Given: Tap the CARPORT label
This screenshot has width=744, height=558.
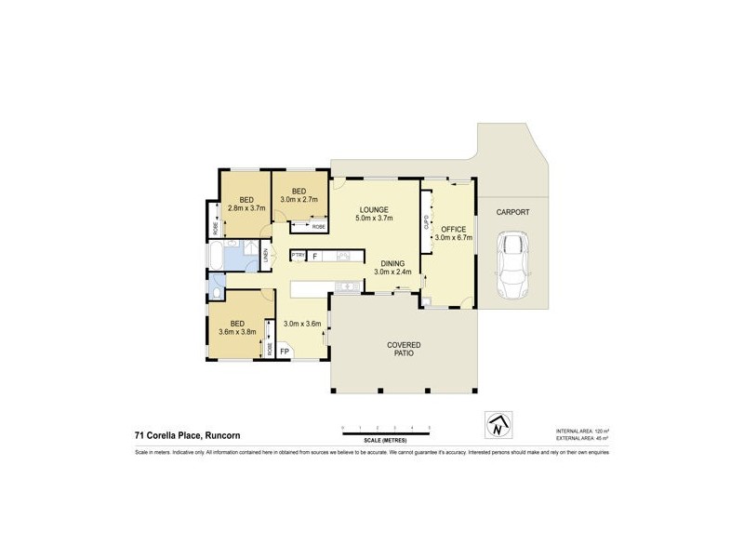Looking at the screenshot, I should click(x=511, y=212).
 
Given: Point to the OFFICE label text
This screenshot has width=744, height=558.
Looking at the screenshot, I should click(x=453, y=228).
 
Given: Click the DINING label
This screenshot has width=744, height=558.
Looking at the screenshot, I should click(x=392, y=263).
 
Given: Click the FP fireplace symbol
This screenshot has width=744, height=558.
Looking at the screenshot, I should click(x=284, y=352).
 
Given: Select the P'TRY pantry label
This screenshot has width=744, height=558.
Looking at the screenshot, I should click(x=298, y=255).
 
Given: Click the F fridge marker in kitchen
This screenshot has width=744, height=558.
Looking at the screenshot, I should click(x=315, y=255).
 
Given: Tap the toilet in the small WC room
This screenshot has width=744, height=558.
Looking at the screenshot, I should click(x=216, y=294).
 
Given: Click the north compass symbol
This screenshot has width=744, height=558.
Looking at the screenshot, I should click(x=499, y=425).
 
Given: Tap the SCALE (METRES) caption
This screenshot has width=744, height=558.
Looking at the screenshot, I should click(x=386, y=438).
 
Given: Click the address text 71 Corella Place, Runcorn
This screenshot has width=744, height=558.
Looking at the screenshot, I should click(x=193, y=433).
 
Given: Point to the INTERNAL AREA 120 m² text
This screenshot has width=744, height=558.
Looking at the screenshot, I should click(x=581, y=432).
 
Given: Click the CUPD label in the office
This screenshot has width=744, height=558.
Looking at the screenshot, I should click(x=427, y=223).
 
